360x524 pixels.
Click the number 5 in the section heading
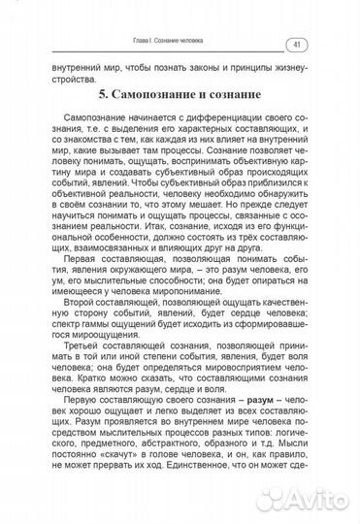[x=104, y=97]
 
